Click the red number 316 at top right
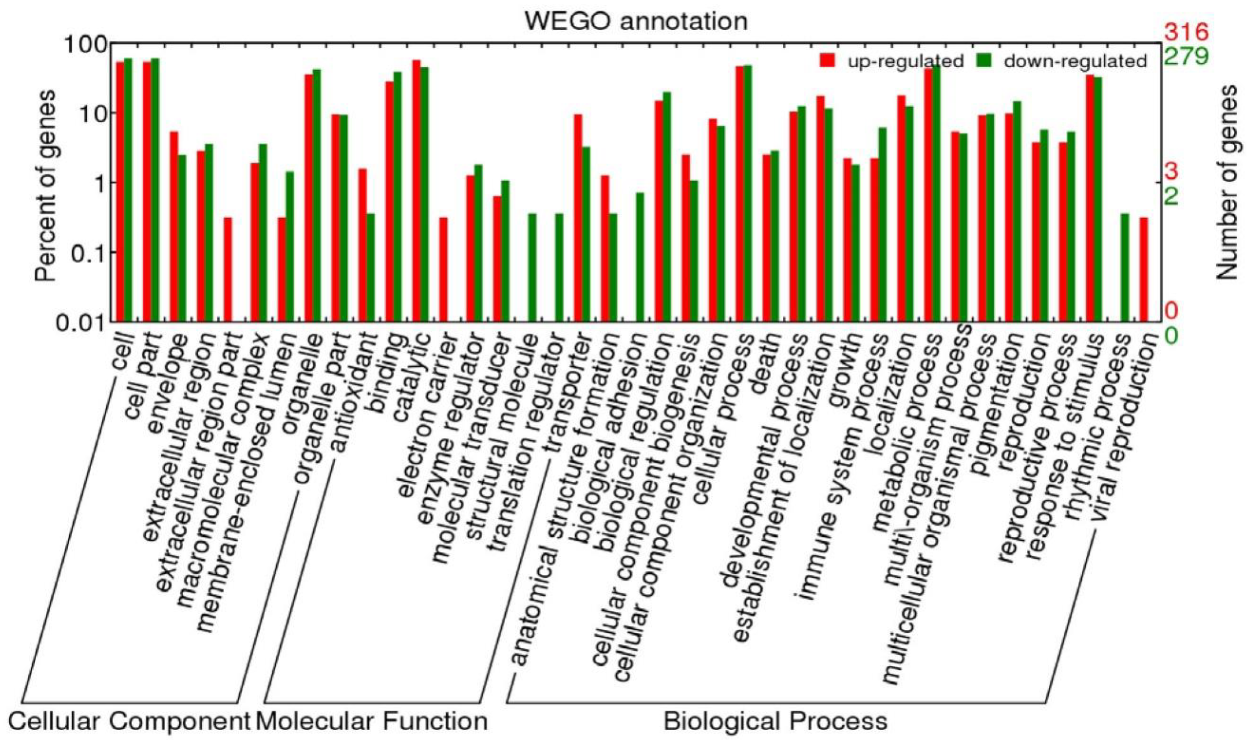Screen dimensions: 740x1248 (1186, 32)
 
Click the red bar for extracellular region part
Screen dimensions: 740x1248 (227, 269)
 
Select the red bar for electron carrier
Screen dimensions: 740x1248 (443, 269)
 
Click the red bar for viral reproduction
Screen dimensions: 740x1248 (1144, 269)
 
